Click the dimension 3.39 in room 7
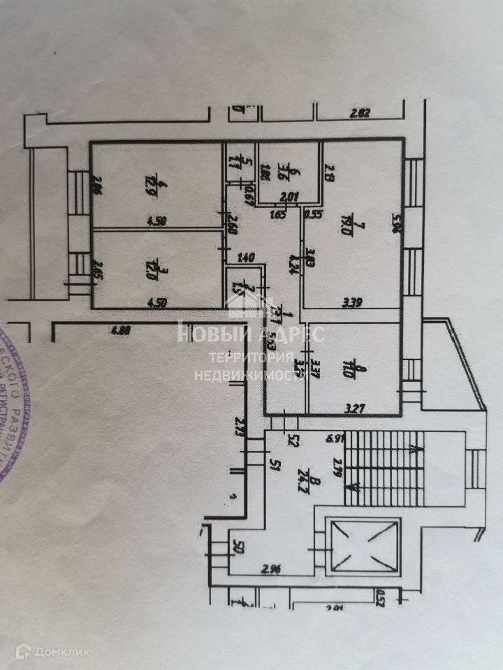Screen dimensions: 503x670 352,302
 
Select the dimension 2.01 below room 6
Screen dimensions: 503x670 289,198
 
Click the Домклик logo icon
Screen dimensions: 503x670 22,652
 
